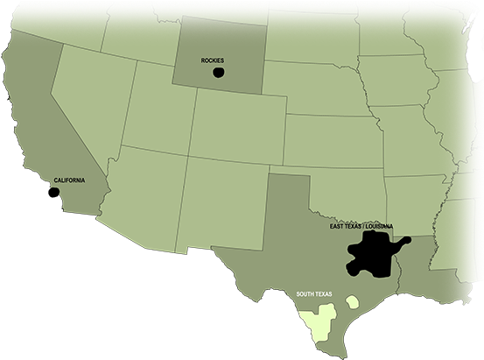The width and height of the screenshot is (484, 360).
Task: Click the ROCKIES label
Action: coord(213,60)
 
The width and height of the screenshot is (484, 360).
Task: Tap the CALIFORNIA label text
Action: coord(70,180)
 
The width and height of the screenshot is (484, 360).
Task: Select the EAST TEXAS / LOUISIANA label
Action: coord(361,226)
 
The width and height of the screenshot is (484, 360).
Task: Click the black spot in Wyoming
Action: coord(219,71)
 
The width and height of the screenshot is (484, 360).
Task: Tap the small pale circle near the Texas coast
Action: coord(352,302)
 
